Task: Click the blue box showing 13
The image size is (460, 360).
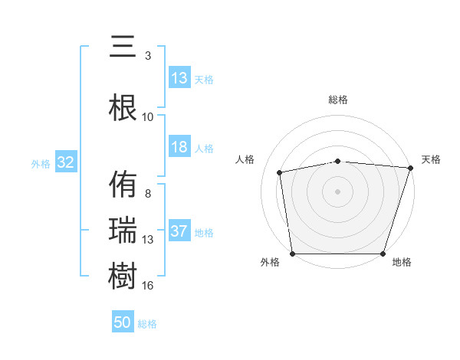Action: click(179, 78)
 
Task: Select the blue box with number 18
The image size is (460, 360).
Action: click(179, 148)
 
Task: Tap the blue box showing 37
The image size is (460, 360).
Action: click(179, 232)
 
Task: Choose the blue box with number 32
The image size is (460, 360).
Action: click(65, 162)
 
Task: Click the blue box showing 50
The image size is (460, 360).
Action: click(123, 322)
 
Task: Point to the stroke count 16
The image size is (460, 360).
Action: click(148, 286)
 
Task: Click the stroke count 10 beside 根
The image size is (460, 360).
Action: click(148, 116)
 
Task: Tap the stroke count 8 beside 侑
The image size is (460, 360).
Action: click(148, 194)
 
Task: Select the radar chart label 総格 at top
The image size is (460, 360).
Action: click(338, 100)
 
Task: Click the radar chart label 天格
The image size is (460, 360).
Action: click(431, 159)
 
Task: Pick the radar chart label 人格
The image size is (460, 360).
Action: click(245, 159)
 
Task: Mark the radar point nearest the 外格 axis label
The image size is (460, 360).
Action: click(292, 254)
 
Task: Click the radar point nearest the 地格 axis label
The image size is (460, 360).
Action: click(383, 254)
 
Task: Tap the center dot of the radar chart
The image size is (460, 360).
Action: click(338, 191)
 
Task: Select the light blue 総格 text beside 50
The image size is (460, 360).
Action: click(147, 324)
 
